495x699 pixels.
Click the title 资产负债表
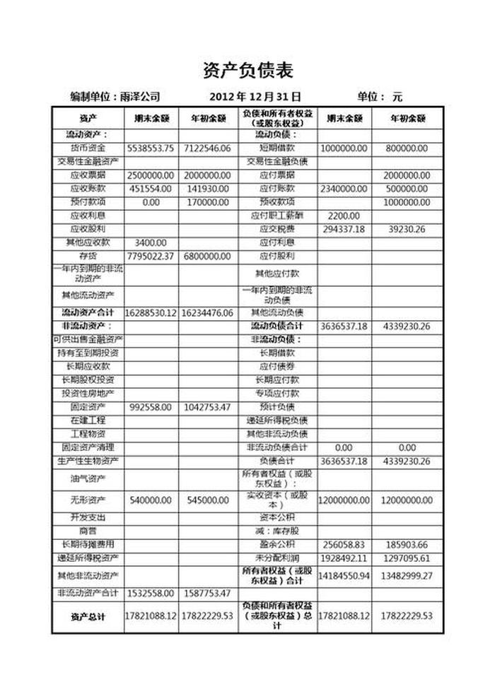(x=248, y=70)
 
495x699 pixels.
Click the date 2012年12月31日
(x=255, y=96)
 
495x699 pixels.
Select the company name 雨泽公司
(x=140, y=96)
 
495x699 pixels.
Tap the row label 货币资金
(x=88, y=148)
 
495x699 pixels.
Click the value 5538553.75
(x=151, y=148)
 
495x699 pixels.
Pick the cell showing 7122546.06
(x=207, y=148)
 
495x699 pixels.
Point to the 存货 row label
(x=88, y=256)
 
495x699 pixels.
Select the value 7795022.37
(x=151, y=256)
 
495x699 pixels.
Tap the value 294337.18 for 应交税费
(x=344, y=229)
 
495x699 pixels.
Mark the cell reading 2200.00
(x=344, y=216)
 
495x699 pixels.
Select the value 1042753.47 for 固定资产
(x=207, y=407)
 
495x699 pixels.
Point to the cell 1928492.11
(x=344, y=558)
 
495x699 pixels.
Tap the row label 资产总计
(x=88, y=617)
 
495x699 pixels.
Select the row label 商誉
(x=88, y=531)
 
